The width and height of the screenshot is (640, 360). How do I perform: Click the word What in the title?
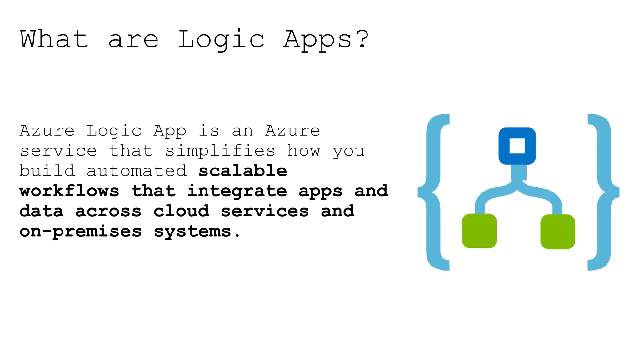(54, 39)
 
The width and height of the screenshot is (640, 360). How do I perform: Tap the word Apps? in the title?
(326, 40)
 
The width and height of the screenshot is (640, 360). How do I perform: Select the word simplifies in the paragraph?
(220, 151)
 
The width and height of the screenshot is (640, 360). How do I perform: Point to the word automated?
(137, 171)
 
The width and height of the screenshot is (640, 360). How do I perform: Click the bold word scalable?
(243, 171)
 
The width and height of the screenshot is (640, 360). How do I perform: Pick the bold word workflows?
(69, 191)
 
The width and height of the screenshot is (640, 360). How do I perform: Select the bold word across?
(108, 211)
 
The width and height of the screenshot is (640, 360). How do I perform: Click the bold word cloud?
(181, 211)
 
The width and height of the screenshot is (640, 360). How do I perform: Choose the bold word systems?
(193, 232)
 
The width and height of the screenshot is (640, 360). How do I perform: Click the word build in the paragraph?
(47, 171)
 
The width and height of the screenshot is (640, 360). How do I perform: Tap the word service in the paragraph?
(58, 151)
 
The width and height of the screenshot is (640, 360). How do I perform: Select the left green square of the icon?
(479, 231)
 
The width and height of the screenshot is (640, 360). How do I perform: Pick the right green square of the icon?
(557, 232)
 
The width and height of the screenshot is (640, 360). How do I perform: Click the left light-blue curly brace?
(433, 192)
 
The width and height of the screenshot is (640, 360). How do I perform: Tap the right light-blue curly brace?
(604, 192)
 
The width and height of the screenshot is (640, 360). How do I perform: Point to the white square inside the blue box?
(517, 146)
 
